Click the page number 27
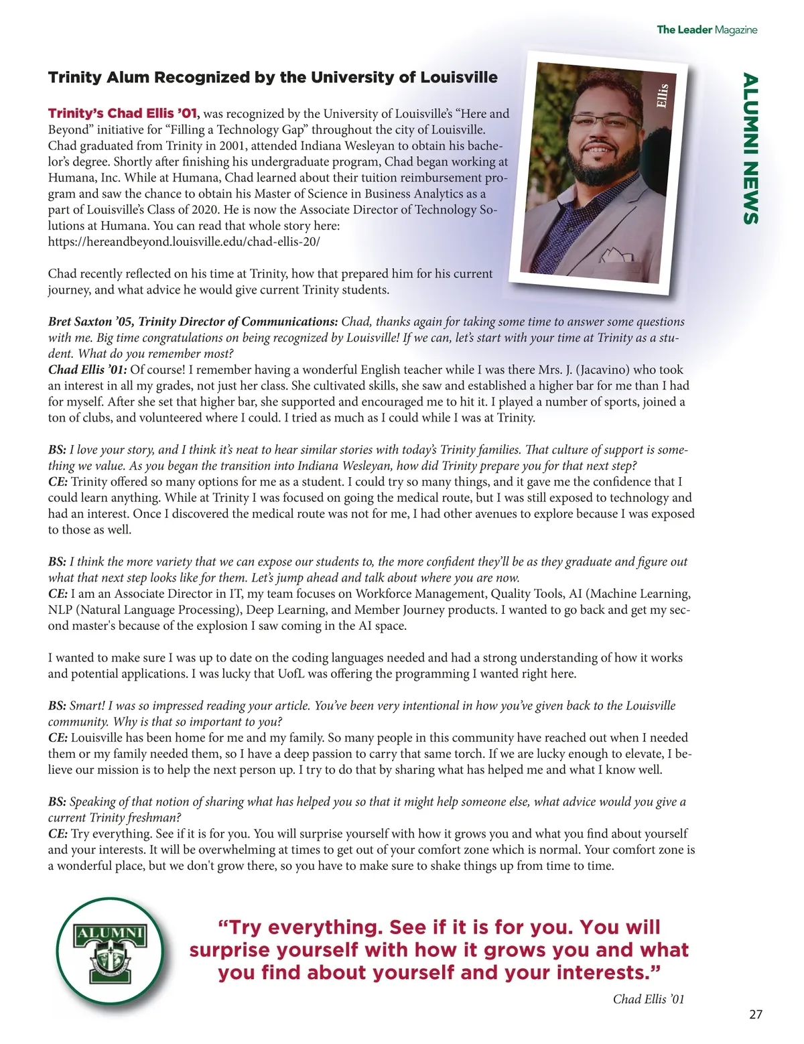pyautogui.click(x=755, y=1014)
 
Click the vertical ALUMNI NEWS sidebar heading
pyautogui.click(x=750, y=149)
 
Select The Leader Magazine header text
pyautogui.click(x=706, y=29)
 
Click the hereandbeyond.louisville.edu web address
pyautogui.click(x=184, y=242)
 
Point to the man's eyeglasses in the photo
pyautogui.click(x=606, y=123)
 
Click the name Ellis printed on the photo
pyautogui.click(x=662, y=95)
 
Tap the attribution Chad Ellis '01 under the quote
pyautogui.click(x=648, y=999)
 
